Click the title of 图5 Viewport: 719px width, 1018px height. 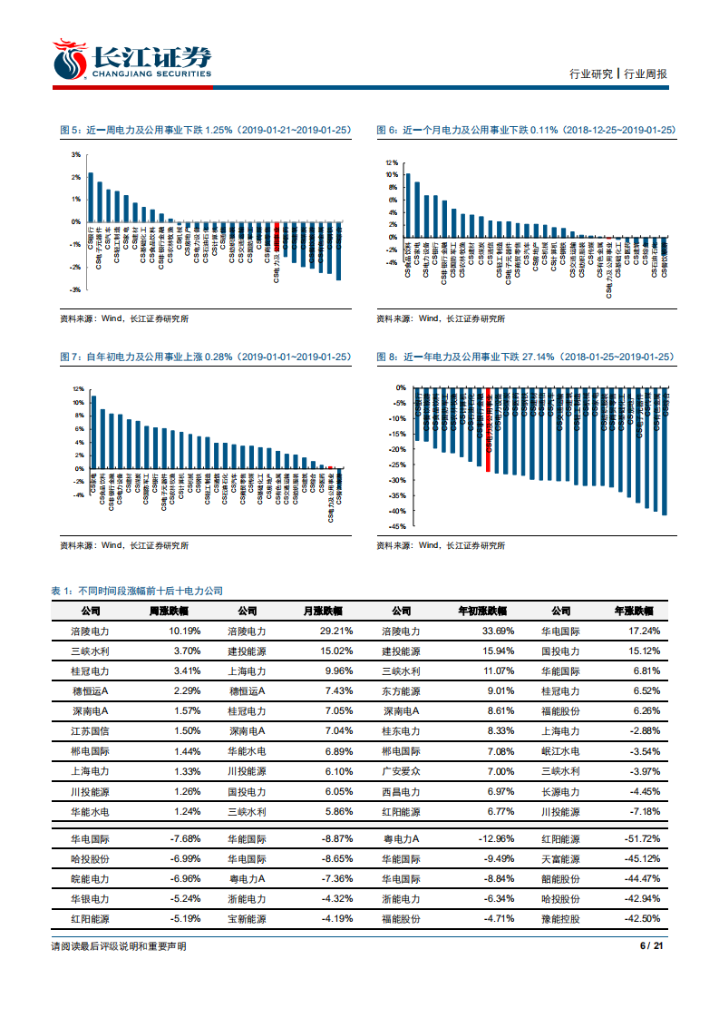204,131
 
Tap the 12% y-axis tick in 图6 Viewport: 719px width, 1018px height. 391,162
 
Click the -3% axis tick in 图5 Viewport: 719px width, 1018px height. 76,289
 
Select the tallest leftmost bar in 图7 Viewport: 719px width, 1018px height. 93,432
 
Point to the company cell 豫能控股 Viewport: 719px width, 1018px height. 560,919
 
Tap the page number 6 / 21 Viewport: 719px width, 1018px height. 653,946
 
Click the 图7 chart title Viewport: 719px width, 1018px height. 204,357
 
